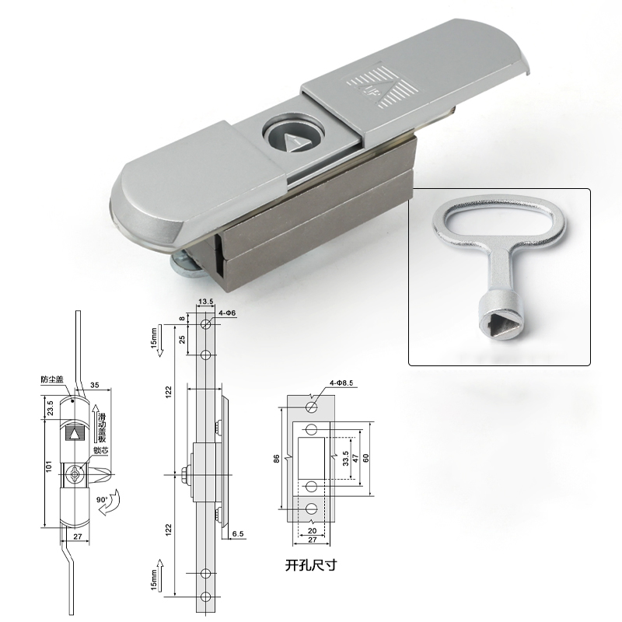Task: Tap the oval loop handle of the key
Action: point(498,225)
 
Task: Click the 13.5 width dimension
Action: point(206,301)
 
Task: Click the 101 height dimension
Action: point(47,466)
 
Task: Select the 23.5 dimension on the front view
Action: point(50,408)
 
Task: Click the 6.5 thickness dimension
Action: point(238,534)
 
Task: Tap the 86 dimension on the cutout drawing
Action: point(276,459)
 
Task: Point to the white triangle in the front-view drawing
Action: point(76,434)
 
